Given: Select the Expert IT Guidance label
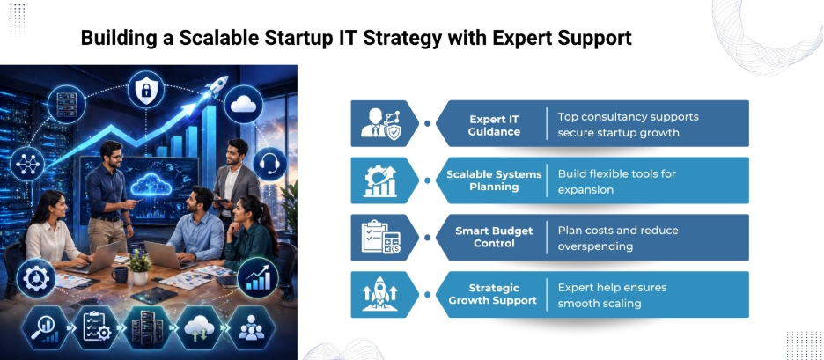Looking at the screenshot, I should click(x=494, y=123).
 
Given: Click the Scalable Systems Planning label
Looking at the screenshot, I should click(x=494, y=180).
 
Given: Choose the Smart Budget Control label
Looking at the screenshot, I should click(x=494, y=237).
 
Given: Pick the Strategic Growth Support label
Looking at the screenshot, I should click(x=492, y=294).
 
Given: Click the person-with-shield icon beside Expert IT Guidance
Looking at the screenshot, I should click(x=379, y=123).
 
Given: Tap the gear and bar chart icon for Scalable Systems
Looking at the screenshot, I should click(x=379, y=180).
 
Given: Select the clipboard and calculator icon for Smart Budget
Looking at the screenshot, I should click(x=379, y=237).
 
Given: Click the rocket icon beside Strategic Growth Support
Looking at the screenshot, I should click(x=379, y=294).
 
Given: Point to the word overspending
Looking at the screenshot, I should click(x=595, y=246).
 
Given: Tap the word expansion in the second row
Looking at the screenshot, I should click(x=585, y=189).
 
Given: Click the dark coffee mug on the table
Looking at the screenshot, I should click(x=117, y=275).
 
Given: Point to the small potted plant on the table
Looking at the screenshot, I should click(x=139, y=261).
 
